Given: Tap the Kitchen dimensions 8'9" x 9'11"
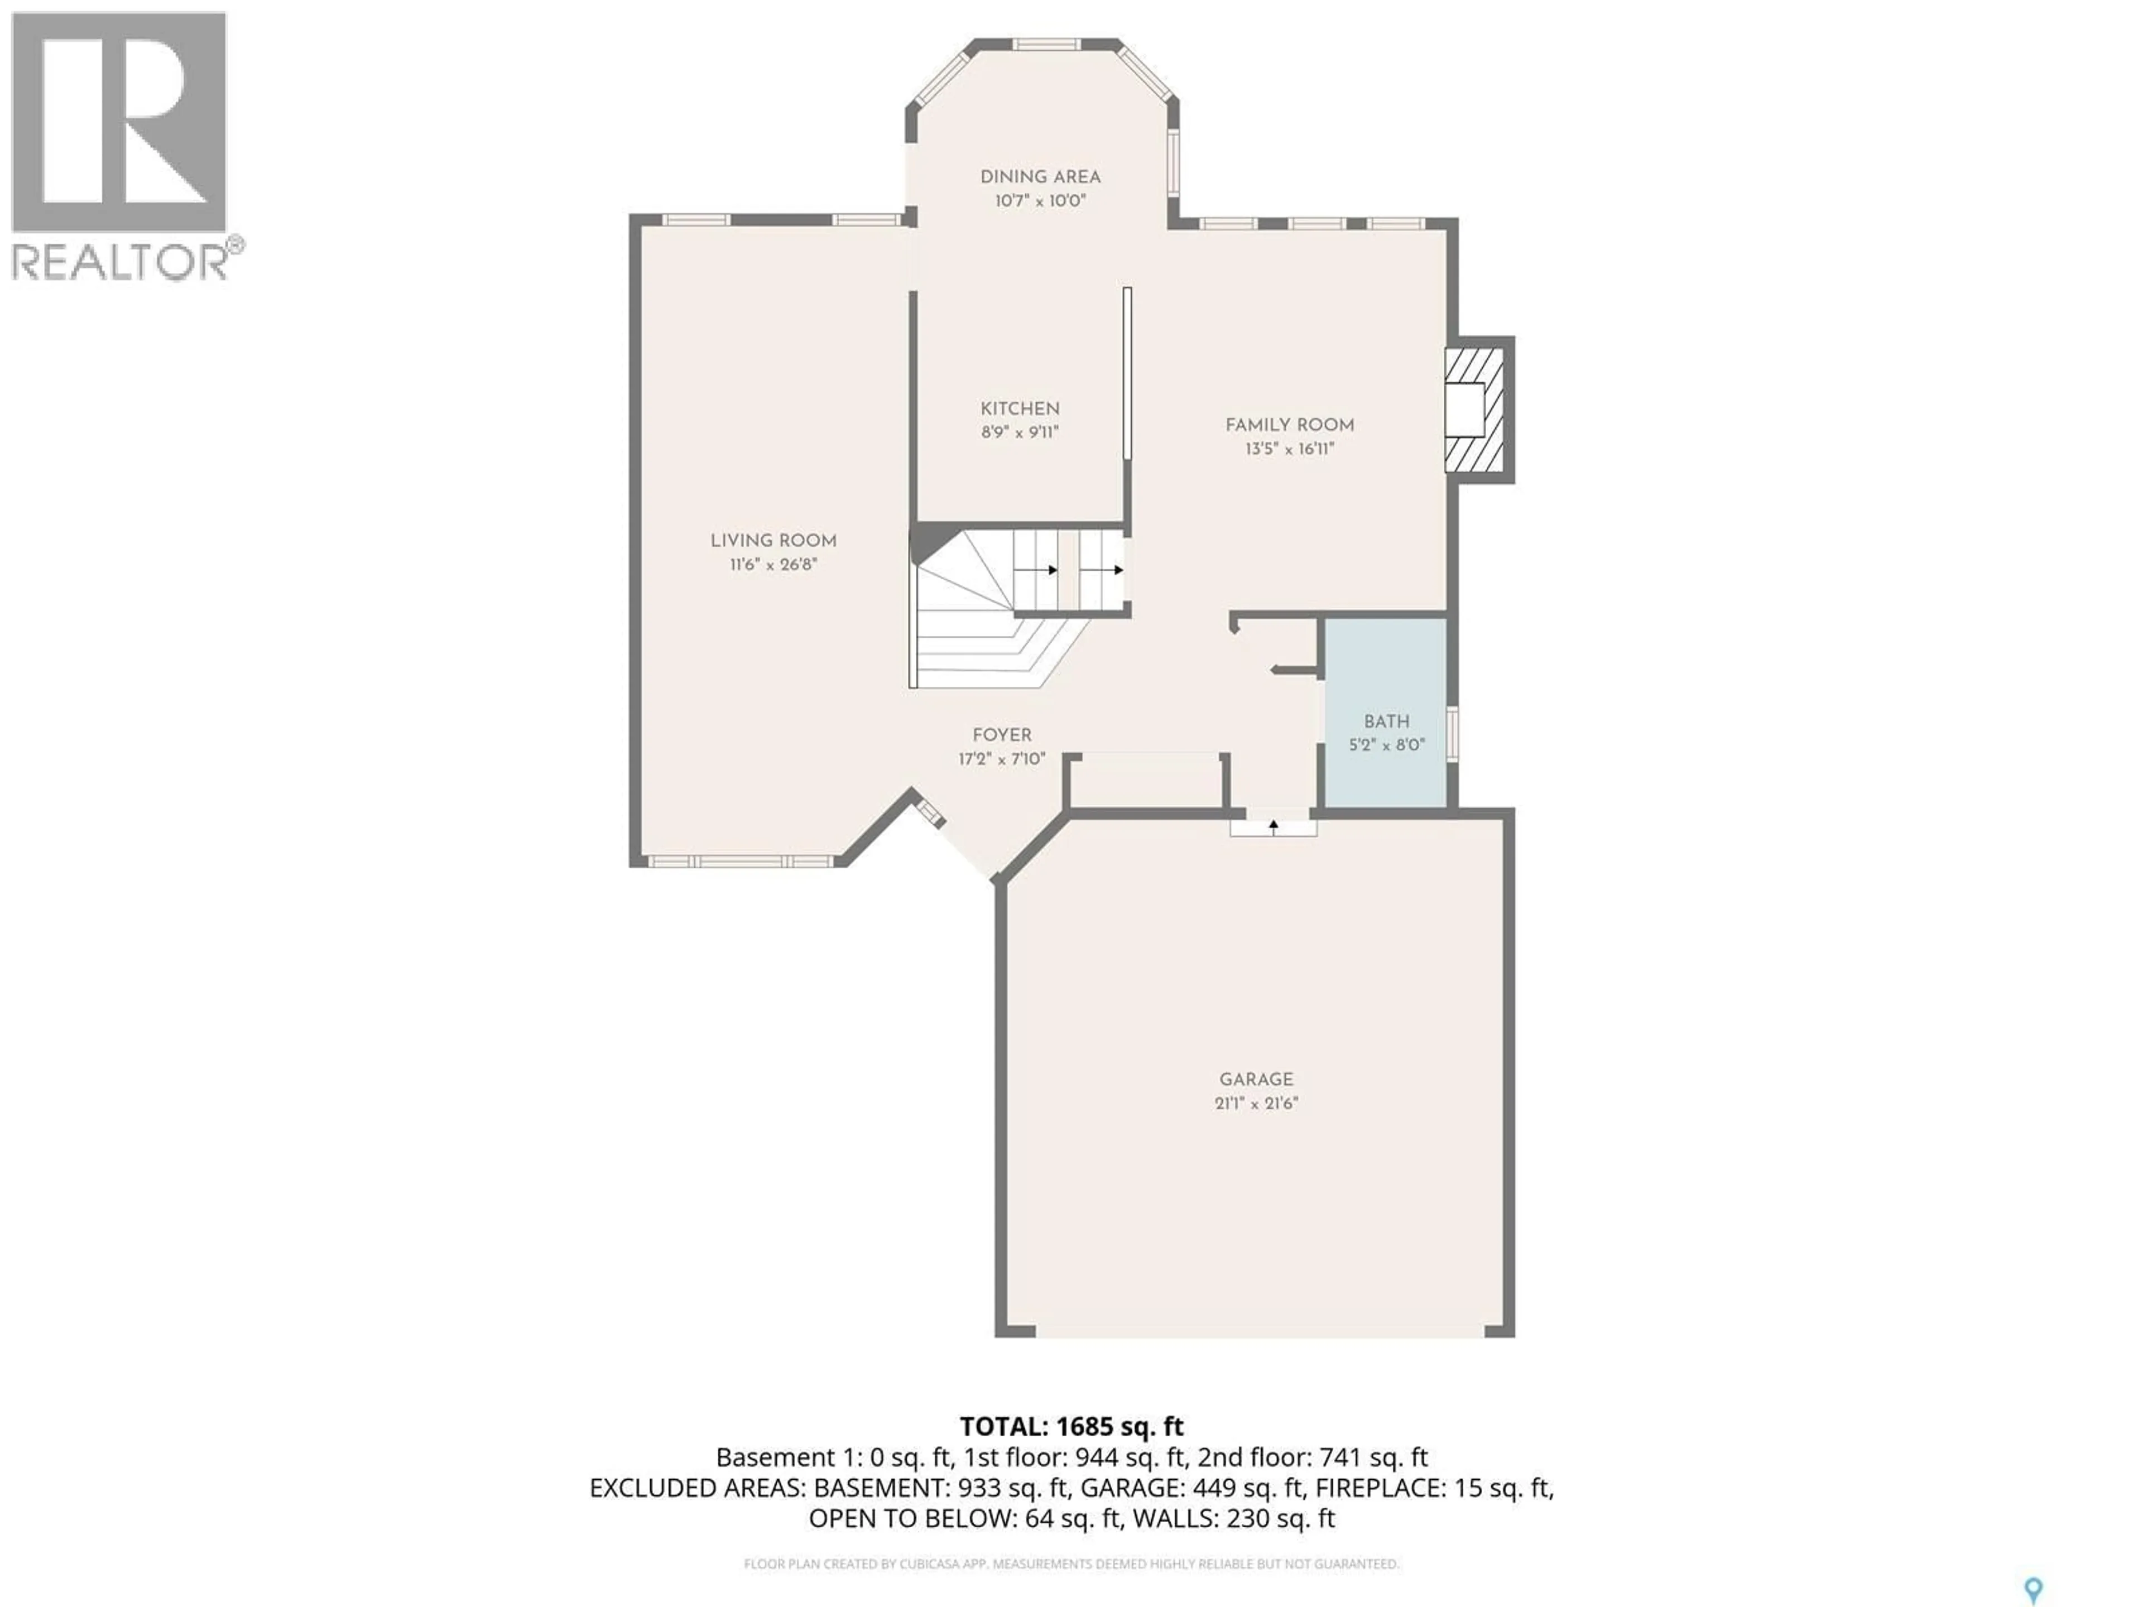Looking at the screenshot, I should point(1019,433).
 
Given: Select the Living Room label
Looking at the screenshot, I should point(773,541).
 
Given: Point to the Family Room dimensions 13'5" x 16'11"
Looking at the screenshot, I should point(1290,449).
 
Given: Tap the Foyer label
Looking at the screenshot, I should point(1002,735).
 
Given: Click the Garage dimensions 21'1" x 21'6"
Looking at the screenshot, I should point(1256,1103).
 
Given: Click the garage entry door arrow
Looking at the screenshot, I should point(1273,825).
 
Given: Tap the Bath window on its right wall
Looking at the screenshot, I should point(1452,733).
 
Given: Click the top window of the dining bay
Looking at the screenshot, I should point(1046,44).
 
